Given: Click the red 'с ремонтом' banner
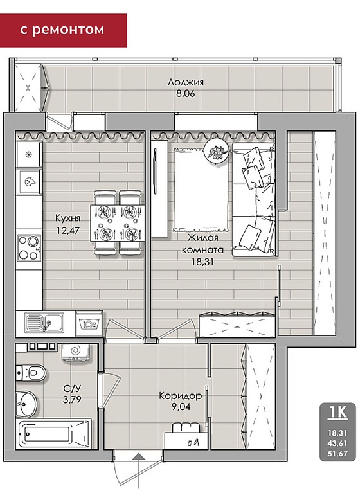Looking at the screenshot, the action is click(x=63, y=30).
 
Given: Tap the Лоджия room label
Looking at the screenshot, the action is click(x=186, y=82).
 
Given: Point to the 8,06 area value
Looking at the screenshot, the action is click(x=186, y=93).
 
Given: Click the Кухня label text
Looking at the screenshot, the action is click(x=67, y=218).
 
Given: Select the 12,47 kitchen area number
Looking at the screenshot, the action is click(x=68, y=230).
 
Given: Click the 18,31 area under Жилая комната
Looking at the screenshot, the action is click(x=203, y=262).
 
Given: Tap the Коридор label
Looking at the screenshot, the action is click(x=180, y=396).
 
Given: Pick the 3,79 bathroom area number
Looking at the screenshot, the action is click(x=72, y=400).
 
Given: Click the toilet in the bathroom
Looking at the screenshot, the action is click(x=31, y=373).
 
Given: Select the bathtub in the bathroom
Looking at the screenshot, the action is click(x=53, y=434).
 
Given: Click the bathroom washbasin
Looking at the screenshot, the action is click(x=26, y=404).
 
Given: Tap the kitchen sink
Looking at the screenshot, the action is click(x=44, y=323).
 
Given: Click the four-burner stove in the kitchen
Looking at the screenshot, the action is click(x=28, y=248).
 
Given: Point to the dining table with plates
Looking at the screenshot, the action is click(x=118, y=223).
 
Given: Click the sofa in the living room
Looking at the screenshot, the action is click(x=254, y=199).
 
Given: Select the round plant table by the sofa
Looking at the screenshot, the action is click(x=216, y=151).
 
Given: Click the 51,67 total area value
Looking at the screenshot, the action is click(x=337, y=453).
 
